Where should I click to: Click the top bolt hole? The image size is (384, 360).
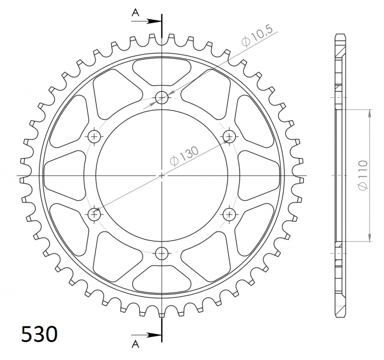coord(162,98)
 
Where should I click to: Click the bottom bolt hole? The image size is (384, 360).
coord(162,253)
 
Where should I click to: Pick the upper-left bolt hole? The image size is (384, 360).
coord(95,136)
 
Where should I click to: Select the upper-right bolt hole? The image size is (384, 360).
coord(229,136)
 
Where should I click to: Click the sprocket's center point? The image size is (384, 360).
coord(162,176)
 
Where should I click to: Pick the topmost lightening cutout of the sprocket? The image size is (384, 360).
coord(162,70)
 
